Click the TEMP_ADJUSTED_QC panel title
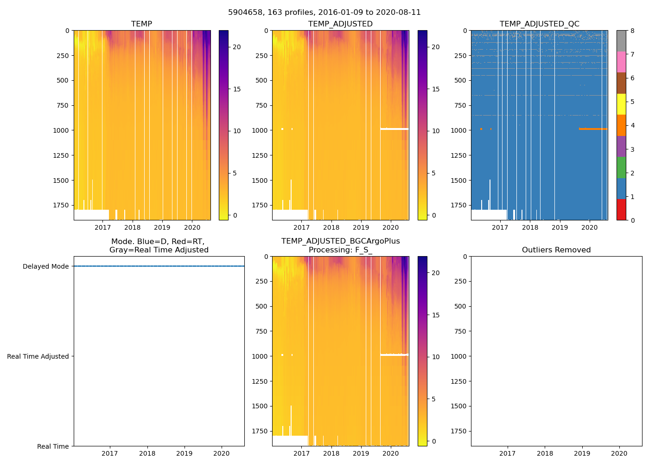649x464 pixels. click(x=539, y=24)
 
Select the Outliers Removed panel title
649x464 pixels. click(x=556, y=250)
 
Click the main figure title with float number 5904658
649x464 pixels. click(x=324, y=13)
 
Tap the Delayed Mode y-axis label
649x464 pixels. click(x=45, y=266)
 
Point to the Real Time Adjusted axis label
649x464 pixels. click(x=38, y=356)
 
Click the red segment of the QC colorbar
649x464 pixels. click(x=621, y=209)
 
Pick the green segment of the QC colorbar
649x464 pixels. click(x=621, y=167)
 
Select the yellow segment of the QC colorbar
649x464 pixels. click(x=621, y=104)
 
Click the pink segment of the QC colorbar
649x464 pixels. click(x=621, y=62)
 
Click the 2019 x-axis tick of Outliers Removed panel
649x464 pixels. click(x=582, y=453)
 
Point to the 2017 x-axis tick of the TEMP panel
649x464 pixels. click(x=102, y=227)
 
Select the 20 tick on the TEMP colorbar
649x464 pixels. click(x=237, y=47)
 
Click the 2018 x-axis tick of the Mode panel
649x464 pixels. click(x=147, y=453)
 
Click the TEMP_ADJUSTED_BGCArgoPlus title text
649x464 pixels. click(x=340, y=241)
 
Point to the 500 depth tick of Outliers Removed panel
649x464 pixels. click(x=460, y=306)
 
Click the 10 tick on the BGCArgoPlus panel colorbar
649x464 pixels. click(x=436, y=357)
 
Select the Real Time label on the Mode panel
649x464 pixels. click(x=53, y=446)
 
